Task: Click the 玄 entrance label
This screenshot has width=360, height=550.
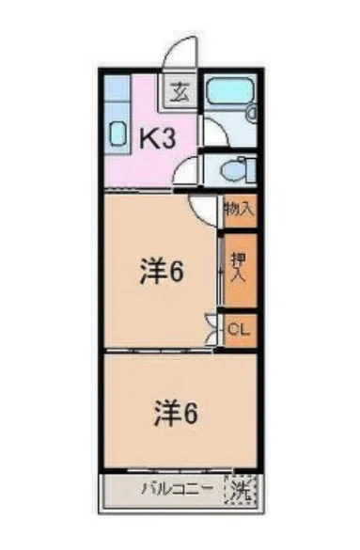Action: point(179,92)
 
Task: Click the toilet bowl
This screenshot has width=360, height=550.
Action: point(232,169)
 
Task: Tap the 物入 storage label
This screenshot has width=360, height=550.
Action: point(239,212)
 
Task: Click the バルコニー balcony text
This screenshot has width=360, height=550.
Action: point(174,489)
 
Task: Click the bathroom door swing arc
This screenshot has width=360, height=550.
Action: point(211,129)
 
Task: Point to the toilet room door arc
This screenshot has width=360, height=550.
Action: point(188,170)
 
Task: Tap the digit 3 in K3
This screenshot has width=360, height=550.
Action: point(170,138)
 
